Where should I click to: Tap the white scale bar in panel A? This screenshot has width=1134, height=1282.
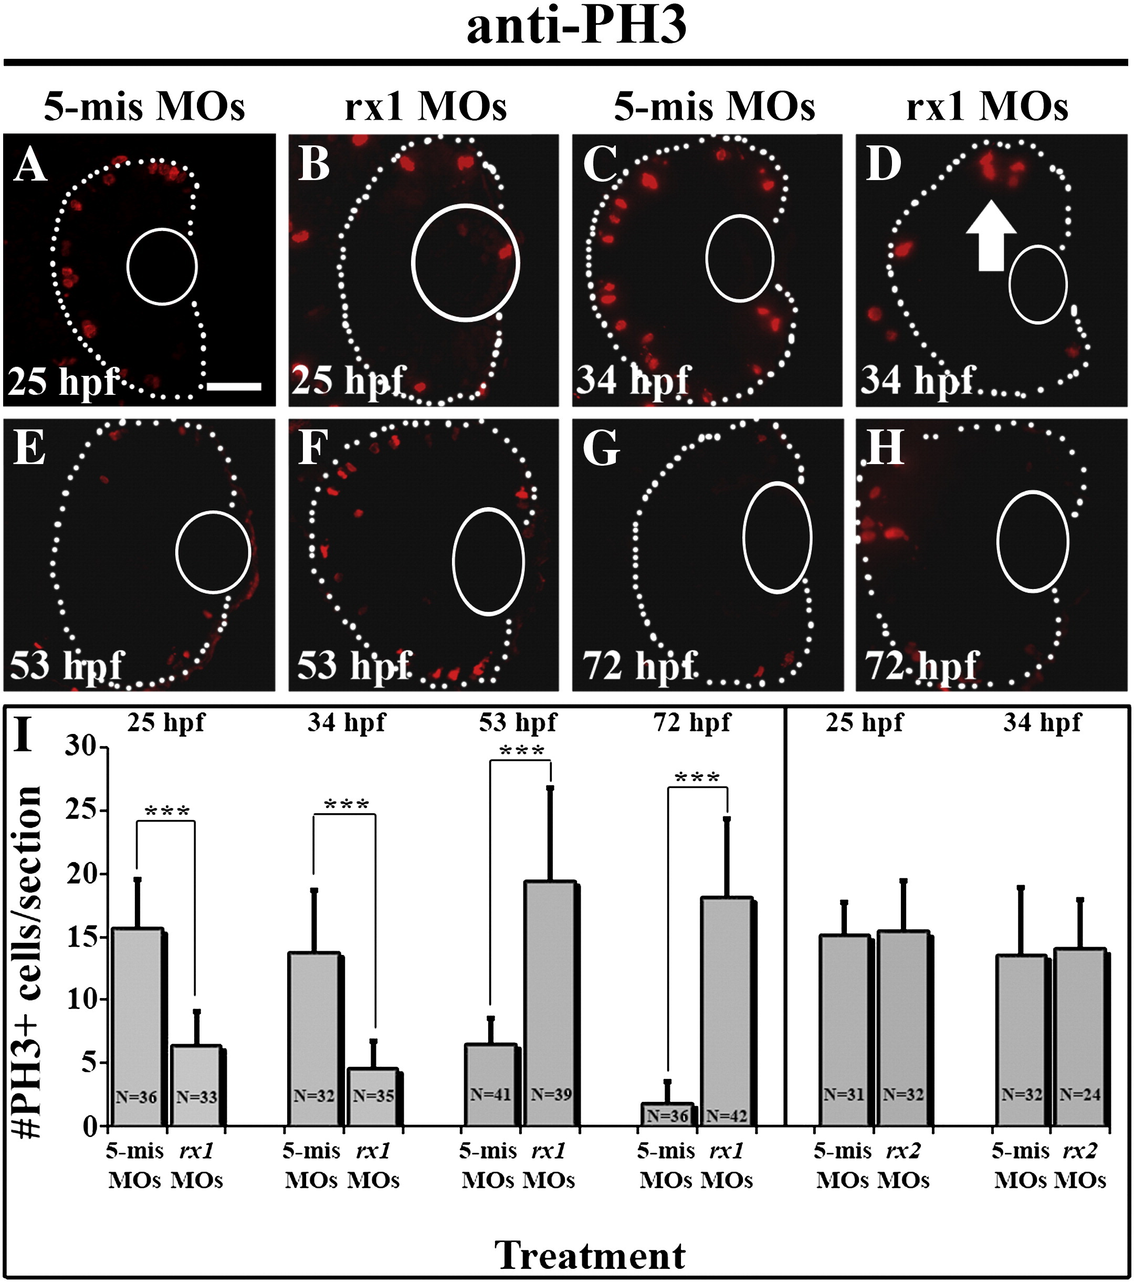coord(234,386)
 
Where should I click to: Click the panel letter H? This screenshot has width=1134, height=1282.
coord(885,448)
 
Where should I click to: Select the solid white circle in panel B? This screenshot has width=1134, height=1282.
coord(465,263)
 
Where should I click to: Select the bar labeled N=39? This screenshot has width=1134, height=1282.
coord(550,1004)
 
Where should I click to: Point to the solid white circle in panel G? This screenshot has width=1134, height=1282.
coord(777,538)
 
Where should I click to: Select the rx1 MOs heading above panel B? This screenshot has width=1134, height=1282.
coord(425,107)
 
